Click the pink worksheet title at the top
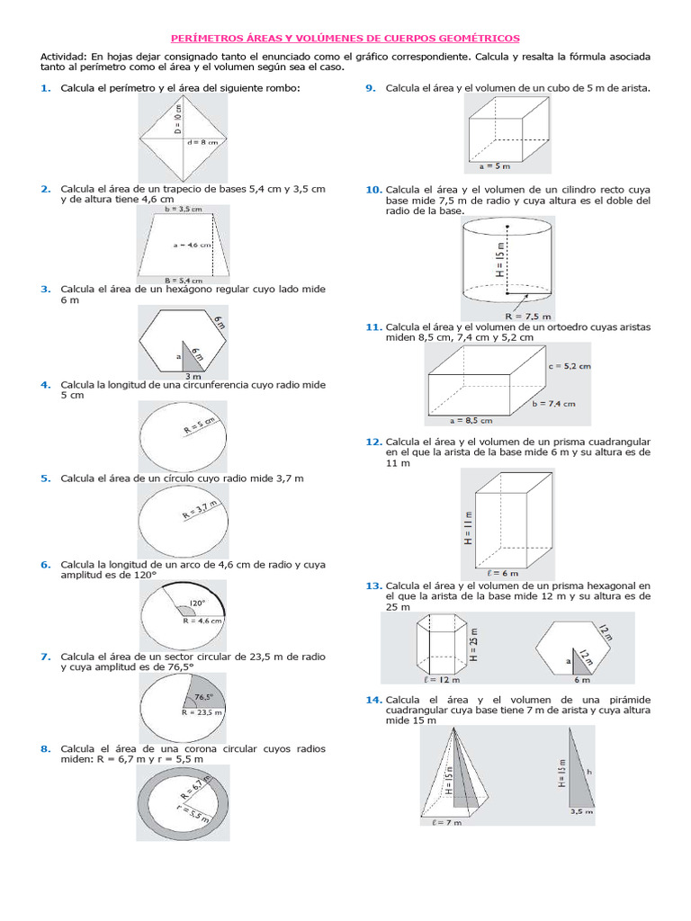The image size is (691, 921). (x=345, y=38)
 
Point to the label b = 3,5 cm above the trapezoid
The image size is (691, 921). (x=184, y=209)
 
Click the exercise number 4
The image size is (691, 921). (x=45, y=385)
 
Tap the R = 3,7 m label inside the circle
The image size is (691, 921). (x=200, y=513)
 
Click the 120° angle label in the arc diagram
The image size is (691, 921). (x=197, y=603)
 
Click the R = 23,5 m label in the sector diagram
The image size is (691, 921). (x=202, y=711)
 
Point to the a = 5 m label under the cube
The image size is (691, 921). (x=495, y=166)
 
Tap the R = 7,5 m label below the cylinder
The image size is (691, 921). (x=529, y=317)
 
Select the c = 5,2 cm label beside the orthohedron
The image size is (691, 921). (x=569, y=366)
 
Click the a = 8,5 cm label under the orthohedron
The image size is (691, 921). (x=471, y=419)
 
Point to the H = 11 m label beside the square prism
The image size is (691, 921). (x=468, y=527)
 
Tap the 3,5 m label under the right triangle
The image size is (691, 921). (x=581, y=810)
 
